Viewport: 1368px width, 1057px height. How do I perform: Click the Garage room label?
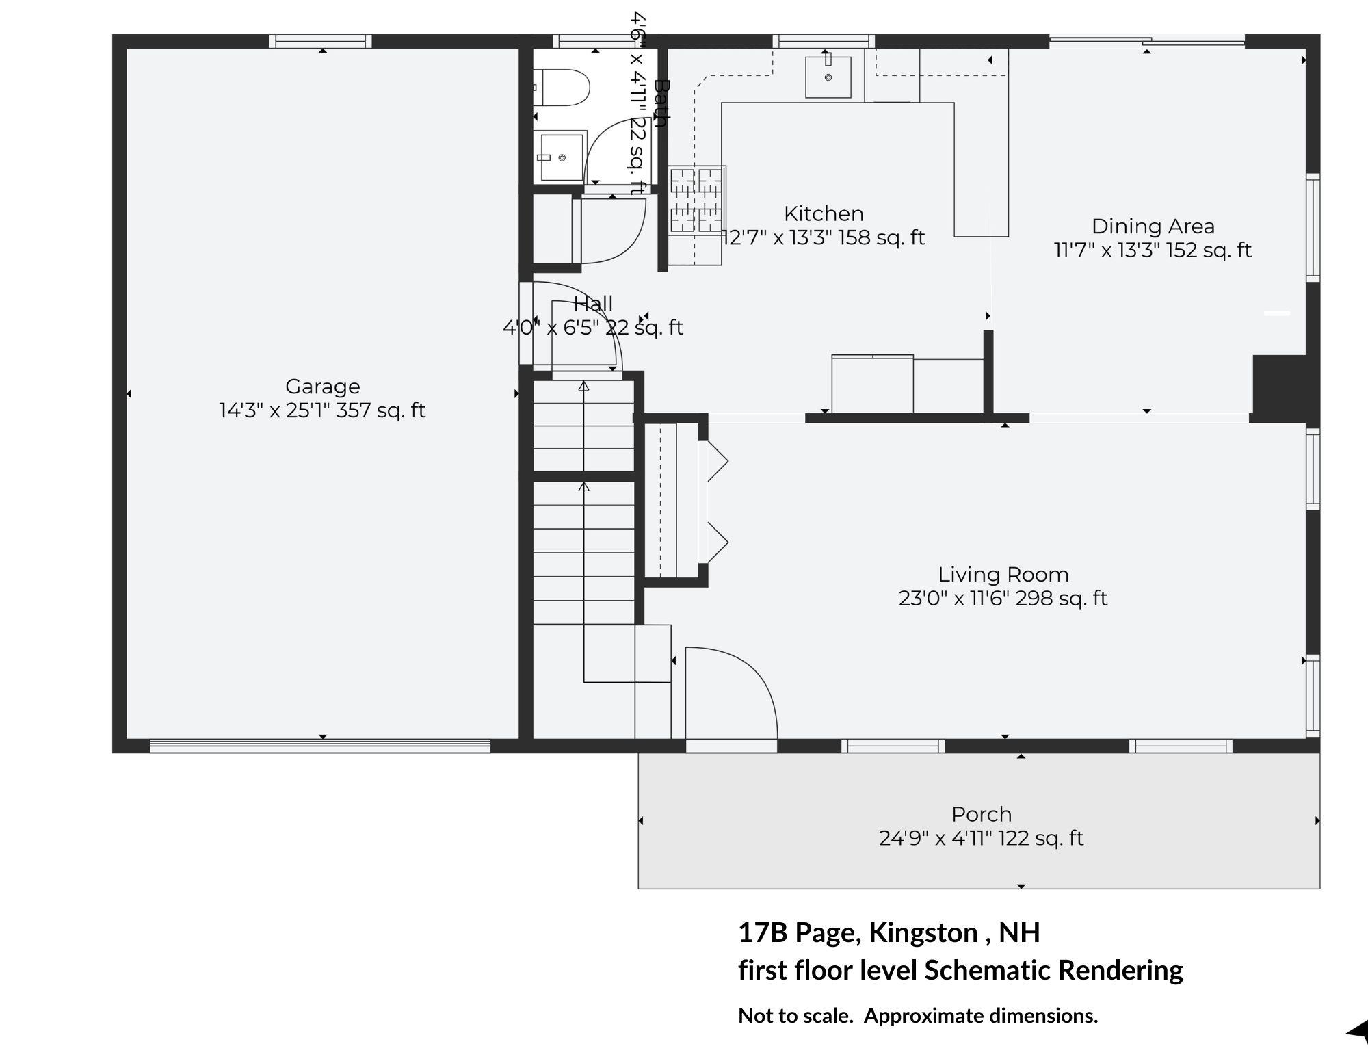(x=322, y=387)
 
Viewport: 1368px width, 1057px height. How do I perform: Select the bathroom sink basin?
(x=561, y=157)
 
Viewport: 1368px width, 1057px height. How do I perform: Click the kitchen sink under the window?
(x=828, y=77)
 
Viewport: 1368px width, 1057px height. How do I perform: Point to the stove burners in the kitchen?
(x=696, y=200)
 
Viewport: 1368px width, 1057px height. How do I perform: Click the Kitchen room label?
(x=824, y=213)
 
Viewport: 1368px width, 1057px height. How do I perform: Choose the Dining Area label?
(x=1153, y=226)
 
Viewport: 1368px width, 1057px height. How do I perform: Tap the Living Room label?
(x=1003, y=575)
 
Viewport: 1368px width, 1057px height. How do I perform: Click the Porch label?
(x=982, y=814)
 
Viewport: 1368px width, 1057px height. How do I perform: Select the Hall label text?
(x=593, y=303)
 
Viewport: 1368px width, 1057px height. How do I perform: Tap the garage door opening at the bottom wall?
(x=320, y=746)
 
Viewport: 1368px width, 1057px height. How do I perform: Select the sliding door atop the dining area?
(x=1147, y=41)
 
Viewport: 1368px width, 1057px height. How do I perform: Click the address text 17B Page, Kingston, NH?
(x=889, y=932)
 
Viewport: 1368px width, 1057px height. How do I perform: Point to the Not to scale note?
(x=918, y=1016)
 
